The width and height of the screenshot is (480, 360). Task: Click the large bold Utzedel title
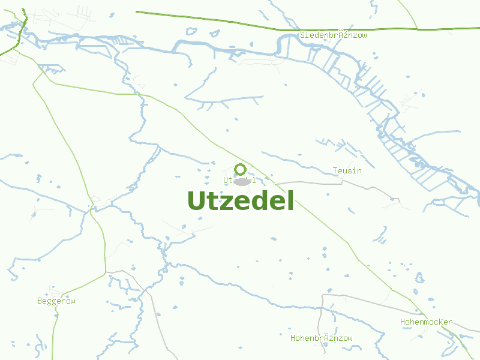click(241, 201)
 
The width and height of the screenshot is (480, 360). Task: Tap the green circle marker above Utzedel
click(240, 169)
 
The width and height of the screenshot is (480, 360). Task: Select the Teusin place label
click(347, 171)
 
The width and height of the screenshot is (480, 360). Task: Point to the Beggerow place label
click(56, 301)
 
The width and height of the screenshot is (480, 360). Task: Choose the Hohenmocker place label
click(426, 322)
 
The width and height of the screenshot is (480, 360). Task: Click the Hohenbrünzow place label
click(322, 338)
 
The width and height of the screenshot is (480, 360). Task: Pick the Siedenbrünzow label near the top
click(334, 35)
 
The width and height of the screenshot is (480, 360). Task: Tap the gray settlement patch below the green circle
click(241, 182)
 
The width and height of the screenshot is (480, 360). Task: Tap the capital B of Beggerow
click(40, 301)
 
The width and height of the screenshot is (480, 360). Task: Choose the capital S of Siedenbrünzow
click(303, 35)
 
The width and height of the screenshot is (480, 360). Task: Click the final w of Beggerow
click(73, 301)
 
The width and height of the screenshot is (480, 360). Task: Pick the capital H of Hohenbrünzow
click(293, 338)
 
